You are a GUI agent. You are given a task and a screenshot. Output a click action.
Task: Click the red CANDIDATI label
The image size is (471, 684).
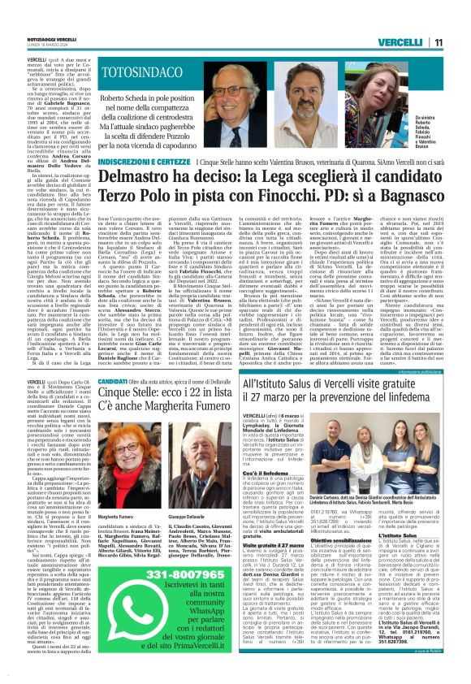[x=114, y=380]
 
